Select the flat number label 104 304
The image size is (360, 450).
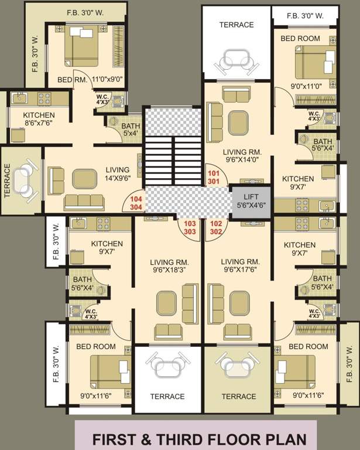coord(135,203)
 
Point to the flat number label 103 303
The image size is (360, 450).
coord(190,228)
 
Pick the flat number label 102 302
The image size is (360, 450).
coord(217,227)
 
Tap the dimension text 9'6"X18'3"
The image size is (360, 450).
coord(167,271)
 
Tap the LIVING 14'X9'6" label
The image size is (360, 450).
coord(117,173)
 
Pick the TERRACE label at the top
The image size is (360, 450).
coord(236,25)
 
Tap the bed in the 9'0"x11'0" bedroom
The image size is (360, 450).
coord(314,63)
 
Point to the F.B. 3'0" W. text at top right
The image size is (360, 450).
coord(306,16)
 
